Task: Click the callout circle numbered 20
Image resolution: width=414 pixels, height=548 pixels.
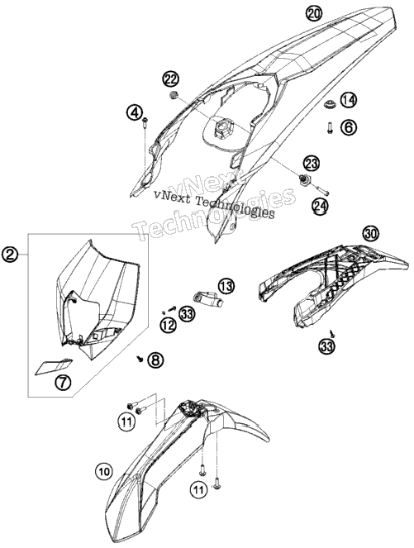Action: point(314,14)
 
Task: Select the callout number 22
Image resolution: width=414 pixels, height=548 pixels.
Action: point(171,79)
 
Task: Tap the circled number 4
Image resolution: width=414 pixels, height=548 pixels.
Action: point(135,113)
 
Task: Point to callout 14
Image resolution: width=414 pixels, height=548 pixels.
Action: point(349,100)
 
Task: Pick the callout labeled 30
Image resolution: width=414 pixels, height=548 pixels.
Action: point(371,233)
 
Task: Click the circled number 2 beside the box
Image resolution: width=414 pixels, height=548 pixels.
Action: point(10,255)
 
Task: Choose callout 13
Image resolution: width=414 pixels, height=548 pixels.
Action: point(226,287)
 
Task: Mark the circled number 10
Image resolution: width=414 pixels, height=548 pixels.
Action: point(104,472)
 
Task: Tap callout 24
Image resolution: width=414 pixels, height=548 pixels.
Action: point(321,206)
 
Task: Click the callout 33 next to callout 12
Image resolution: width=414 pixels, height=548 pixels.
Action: point(187,314)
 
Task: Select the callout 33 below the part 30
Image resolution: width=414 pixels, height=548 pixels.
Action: point(326,346)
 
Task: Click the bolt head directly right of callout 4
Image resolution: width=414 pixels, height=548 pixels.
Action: point(145,121)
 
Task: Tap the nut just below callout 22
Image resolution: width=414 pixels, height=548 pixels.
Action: point(172,94)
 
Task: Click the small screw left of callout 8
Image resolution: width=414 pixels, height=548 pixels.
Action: point(140,359)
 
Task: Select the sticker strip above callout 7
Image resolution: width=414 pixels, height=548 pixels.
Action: point(54,366)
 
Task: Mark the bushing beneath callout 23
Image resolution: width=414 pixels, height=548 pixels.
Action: point(305,179)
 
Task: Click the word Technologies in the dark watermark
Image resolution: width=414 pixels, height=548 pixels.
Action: point(235,207)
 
